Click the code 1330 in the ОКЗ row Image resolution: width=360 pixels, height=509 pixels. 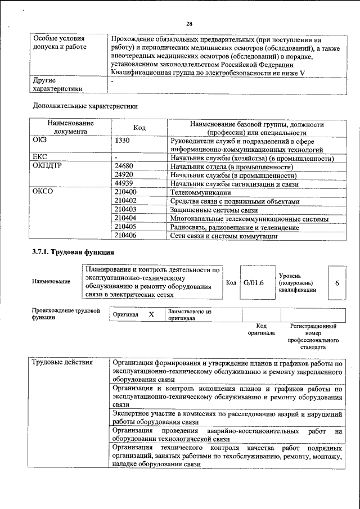pyautogui.click(x=123, y=141)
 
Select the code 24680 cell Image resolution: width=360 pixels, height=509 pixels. pyautogui.click(x=124, y=166)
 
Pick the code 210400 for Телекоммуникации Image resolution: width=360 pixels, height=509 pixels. pyautogui.click(x=125, y=192)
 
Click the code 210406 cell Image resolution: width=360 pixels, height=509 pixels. pyautogui.click(x=125, y=236)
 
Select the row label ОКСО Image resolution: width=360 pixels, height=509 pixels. pyautogui.click(x=44, y=192)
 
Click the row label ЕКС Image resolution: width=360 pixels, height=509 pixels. pyautogui.click(x=40, y=158)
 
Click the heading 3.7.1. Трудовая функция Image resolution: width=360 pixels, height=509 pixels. pyautogui.click(x=74, y=253)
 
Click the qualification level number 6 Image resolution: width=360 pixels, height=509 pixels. pyautogui.click(x=337, y=282)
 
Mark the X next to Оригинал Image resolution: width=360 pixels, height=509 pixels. pyautogui.click(x=151, y=314)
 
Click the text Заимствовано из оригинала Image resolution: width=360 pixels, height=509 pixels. pyautogui.click(x=189, y=314)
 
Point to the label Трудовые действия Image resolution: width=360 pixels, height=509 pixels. pyautogui.click(x=62, y=362)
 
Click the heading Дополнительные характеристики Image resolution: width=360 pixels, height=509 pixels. pyautogui.click(x=85, y=105)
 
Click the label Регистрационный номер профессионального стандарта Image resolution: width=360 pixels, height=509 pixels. pyautogui.click(x=313, y=336)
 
